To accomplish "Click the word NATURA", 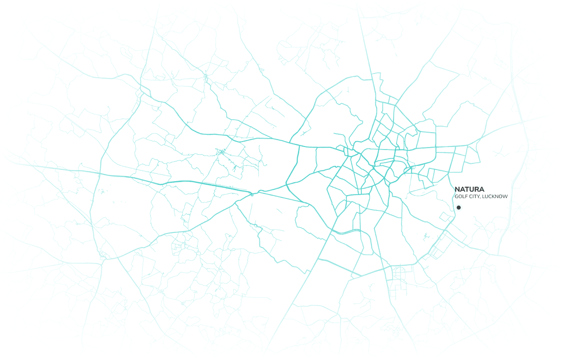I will pos(469,189).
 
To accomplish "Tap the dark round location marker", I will pos(459,208).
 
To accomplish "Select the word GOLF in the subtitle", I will pos(460,197).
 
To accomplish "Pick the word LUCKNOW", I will pos(495,197).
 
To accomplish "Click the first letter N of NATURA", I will pos(457,189).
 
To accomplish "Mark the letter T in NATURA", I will pos(467,189).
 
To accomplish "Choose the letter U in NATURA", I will pos(472,189).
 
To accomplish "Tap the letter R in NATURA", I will pos(477,189).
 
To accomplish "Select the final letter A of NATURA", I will pos(482,189).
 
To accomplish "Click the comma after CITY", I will pos(480,198).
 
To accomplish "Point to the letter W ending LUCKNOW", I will pos(505,197).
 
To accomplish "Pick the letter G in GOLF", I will pos(456,197).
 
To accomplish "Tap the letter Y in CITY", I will pos(478,197).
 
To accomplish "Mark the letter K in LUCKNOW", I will pos(493,197).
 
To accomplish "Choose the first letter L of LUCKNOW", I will pos(484,197).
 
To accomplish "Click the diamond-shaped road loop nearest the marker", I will pos(443,216).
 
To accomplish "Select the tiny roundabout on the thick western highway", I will pos(252,193).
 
